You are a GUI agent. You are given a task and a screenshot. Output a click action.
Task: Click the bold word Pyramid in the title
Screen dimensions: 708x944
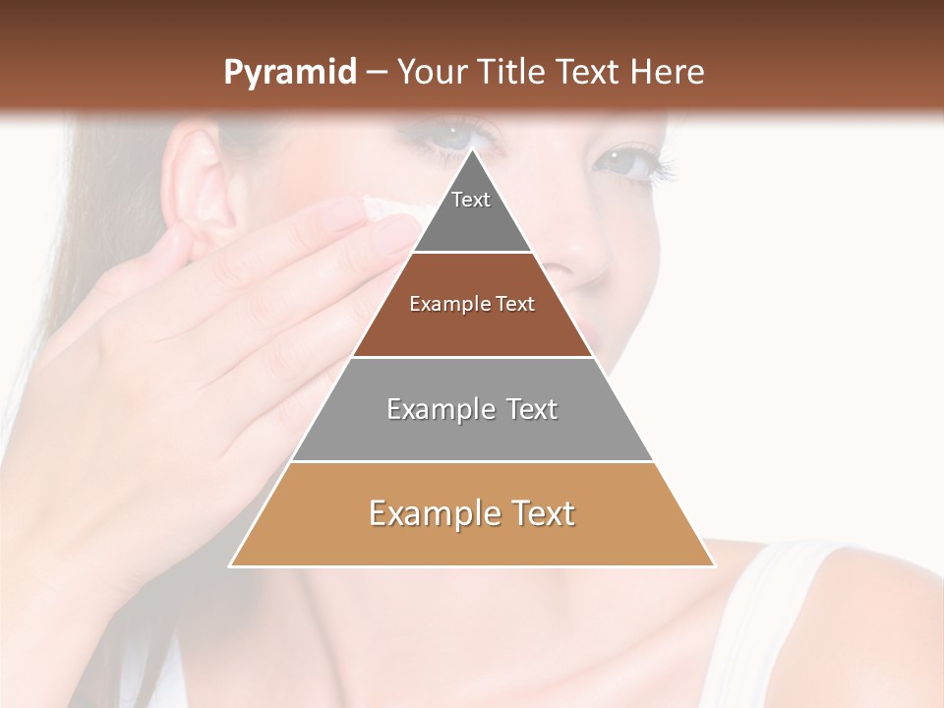[289, 73]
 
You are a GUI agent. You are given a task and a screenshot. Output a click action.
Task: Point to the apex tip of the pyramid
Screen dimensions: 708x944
[472, 150]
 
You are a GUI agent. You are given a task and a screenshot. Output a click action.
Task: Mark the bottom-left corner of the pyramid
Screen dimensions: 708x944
[231, 565]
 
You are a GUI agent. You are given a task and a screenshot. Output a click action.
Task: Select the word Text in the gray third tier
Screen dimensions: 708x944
[532, 409]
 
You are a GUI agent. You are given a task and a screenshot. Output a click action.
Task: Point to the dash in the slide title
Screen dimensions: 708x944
[377, 73]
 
